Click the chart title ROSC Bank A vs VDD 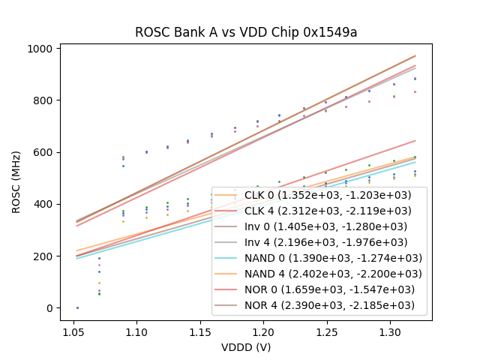(245, 32)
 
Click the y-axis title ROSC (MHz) (16, 180)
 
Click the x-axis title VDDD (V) (245, 347)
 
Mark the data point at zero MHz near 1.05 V (77, 307)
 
